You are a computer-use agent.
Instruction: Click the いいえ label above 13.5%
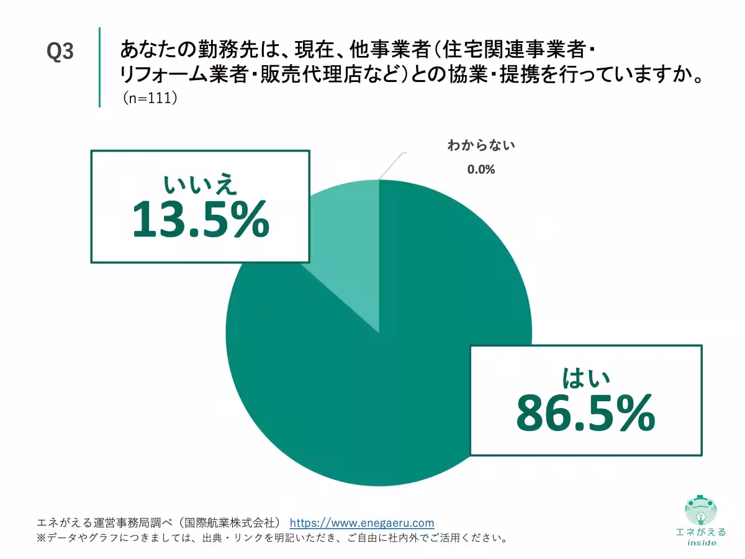tap(200, 184)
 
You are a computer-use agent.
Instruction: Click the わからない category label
tap(481, 146)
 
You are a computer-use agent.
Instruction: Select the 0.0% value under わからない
tap(481, 169)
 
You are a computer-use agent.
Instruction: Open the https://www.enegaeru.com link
tap(362, 522)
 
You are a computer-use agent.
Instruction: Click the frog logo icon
tap(700, 510)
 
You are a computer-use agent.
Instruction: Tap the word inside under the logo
tap(702, 542)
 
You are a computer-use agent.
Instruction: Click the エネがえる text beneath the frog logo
tap(701, 532)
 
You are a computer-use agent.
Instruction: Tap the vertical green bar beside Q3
tap(99, 67)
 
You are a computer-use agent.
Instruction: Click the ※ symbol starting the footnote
tap(42, 537)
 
